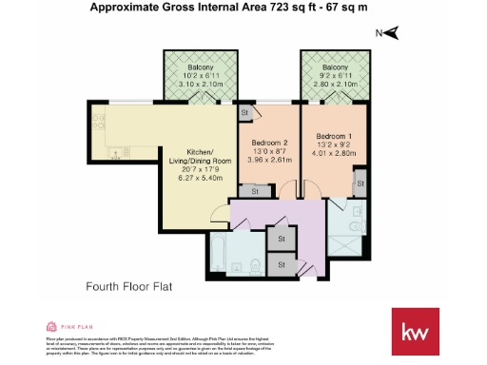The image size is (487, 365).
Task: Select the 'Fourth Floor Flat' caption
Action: pos(128,285)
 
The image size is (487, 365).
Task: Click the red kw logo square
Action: pos(414,332)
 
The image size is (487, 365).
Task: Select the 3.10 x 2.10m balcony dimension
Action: pos(200,84)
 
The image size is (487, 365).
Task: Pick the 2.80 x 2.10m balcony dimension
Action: pos(334,84)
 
